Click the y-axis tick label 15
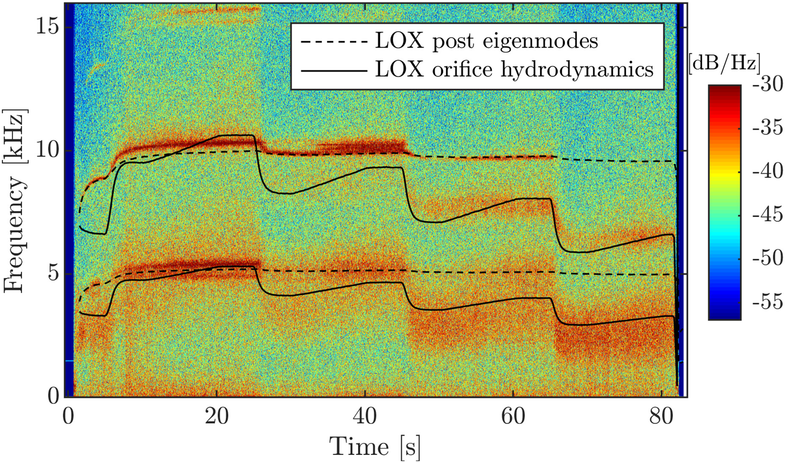click(x=47, y=28)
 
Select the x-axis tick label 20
click(x=217, y=417)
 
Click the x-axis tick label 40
click(x=365, y=417)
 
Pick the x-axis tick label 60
click(x=513, y=417)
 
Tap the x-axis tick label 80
click(x=662, y=417)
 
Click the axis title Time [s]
click(x=375, y=447)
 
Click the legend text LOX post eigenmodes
click(x=486, y=41)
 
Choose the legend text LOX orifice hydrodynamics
click(x=514, y=69)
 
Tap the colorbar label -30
click(x=768, y=85)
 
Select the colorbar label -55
click(x=768, y=302)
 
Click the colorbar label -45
click(x=768, y=215)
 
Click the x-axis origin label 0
click(x=68, y=417)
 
